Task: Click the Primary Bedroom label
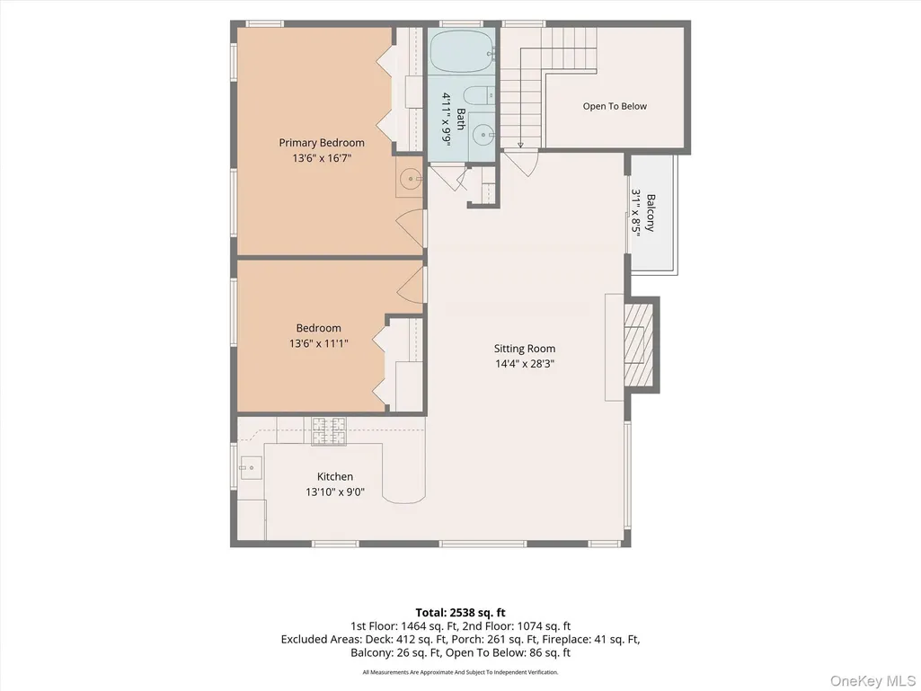pos(322,143)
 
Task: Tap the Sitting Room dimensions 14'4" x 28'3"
pos(525,364)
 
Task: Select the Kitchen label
pos(335,476)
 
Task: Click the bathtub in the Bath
pos(462,50)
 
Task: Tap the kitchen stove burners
pos(329,430)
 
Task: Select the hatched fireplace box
pos(639,344)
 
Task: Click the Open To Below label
pos(615,106)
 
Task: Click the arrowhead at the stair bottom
pos(520,145)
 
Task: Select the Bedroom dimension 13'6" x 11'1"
pos(318,343)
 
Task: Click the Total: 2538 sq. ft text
pos(460,613)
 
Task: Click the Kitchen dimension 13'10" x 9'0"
pos(335,492)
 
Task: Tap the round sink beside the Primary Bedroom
pos(410,177)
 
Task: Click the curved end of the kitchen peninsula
pos(403,497)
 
